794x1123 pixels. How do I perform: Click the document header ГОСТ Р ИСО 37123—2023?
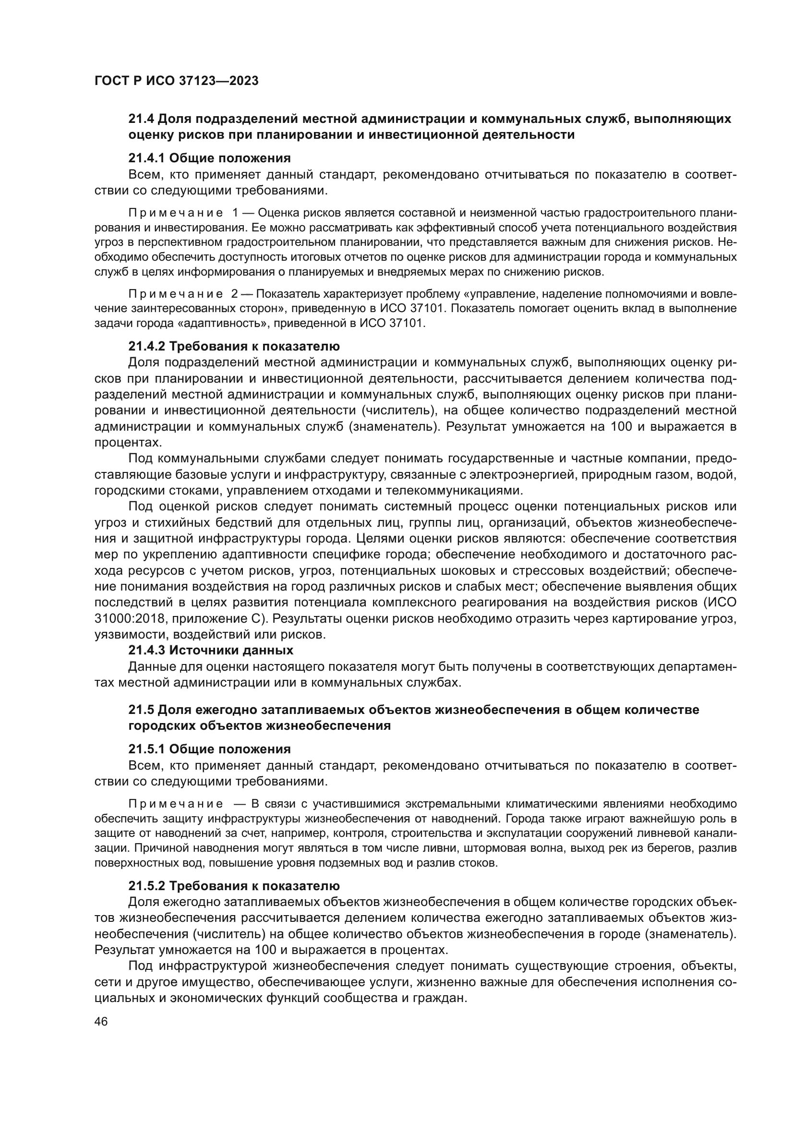(x=176, y=81)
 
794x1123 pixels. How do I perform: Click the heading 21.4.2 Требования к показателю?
(x=234, y=346)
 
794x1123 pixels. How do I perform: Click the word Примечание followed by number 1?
(x=176, y=213)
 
